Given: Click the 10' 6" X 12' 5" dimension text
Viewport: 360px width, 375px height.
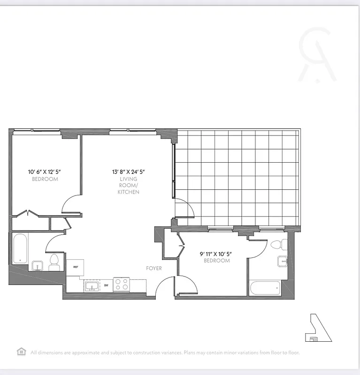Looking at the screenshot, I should tap(45, 172).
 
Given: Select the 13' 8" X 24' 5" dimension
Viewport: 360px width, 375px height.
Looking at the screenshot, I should tap(128, 172).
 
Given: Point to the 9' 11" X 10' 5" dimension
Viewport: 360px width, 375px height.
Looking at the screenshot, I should tap(216, 254).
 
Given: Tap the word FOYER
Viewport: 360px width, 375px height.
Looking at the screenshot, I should tap(153, 268).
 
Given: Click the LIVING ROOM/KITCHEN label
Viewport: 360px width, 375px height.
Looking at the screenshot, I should tap(128, 186).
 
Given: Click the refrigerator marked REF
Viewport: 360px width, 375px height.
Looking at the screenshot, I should tap(75, 267).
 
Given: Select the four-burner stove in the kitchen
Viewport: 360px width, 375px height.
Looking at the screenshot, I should tap(122, 285).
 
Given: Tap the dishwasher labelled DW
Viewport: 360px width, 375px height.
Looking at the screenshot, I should tap(106, 285).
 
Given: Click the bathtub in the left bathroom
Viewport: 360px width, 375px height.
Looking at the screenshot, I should tap(20, 248).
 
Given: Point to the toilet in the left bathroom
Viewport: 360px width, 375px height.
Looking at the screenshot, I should tap(54, 261).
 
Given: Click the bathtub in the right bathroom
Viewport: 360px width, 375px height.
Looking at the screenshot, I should tap(265, 288).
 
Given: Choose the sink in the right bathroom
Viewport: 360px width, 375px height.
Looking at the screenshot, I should tap(283, 262).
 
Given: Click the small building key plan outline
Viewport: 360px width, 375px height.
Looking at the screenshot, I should tap(318, 328).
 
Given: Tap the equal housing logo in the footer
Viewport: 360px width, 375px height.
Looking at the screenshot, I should tap(21, 352).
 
